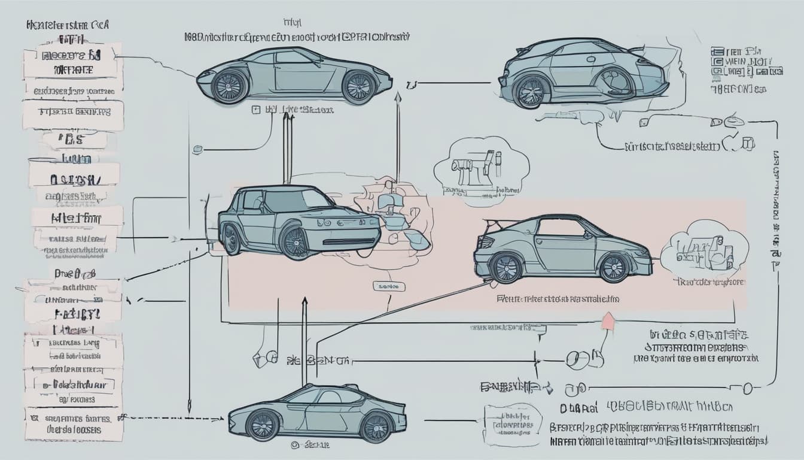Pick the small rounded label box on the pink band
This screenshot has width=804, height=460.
(388, 287)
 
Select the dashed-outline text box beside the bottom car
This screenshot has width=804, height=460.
(513, 425)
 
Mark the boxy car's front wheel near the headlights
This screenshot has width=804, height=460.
(296, 241)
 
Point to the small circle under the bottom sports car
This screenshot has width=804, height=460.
(294, 445)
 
